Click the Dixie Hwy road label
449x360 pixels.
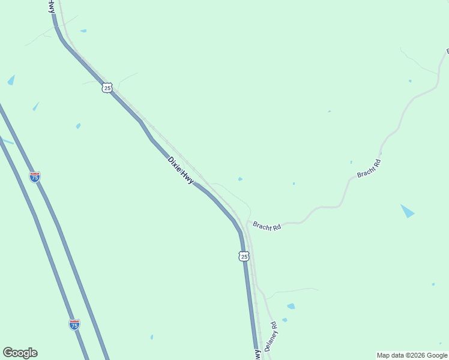(180, 170)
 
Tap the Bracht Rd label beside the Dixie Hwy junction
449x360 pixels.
(267, 226)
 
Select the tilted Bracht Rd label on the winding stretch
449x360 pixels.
(369, 168)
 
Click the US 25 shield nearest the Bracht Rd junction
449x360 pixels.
(244, 256)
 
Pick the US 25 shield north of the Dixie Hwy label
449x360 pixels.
(107, 88)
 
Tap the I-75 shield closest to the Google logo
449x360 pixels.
(74, 325)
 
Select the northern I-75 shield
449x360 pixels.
(35, 177)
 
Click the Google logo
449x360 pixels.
(20, 353)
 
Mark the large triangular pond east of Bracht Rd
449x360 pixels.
(407, 211)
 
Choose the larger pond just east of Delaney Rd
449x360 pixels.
(291, 306)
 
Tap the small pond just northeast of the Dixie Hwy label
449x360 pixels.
(240, 179)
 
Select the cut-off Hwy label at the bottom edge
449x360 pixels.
(258, 355)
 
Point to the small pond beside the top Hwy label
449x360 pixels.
(83, 31)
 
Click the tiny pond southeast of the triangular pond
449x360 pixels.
(433, 284)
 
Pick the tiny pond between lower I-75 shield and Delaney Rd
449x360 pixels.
(151, 337)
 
